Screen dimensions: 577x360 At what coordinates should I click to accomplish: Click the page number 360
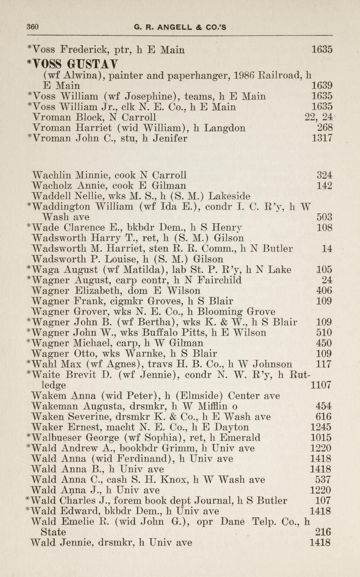pyautogui.click(x=32, y=27)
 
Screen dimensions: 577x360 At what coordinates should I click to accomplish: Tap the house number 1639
pyautogui.click(x=322, y=86)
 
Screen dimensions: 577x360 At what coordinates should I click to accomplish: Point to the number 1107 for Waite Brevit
pyautogui.click(x=322, y=385)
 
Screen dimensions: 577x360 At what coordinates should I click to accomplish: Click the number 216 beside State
pyautogui.click(x=324, y=532)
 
